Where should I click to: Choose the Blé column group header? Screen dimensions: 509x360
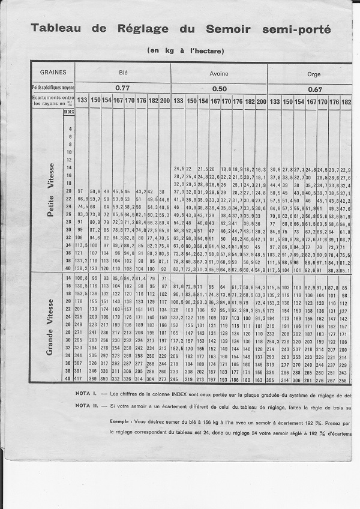pyautogui.click(x=122, y=71)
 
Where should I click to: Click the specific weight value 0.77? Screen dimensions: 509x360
pyautogui.click(x=122, y=88)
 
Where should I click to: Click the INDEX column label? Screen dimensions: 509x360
pyautogui.click(x=69, y=112)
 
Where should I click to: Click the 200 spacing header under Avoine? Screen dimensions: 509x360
pyautogui.click(x=261, y=101)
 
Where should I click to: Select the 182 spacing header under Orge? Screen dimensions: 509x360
pyautogui.click(x=346, y=101)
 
